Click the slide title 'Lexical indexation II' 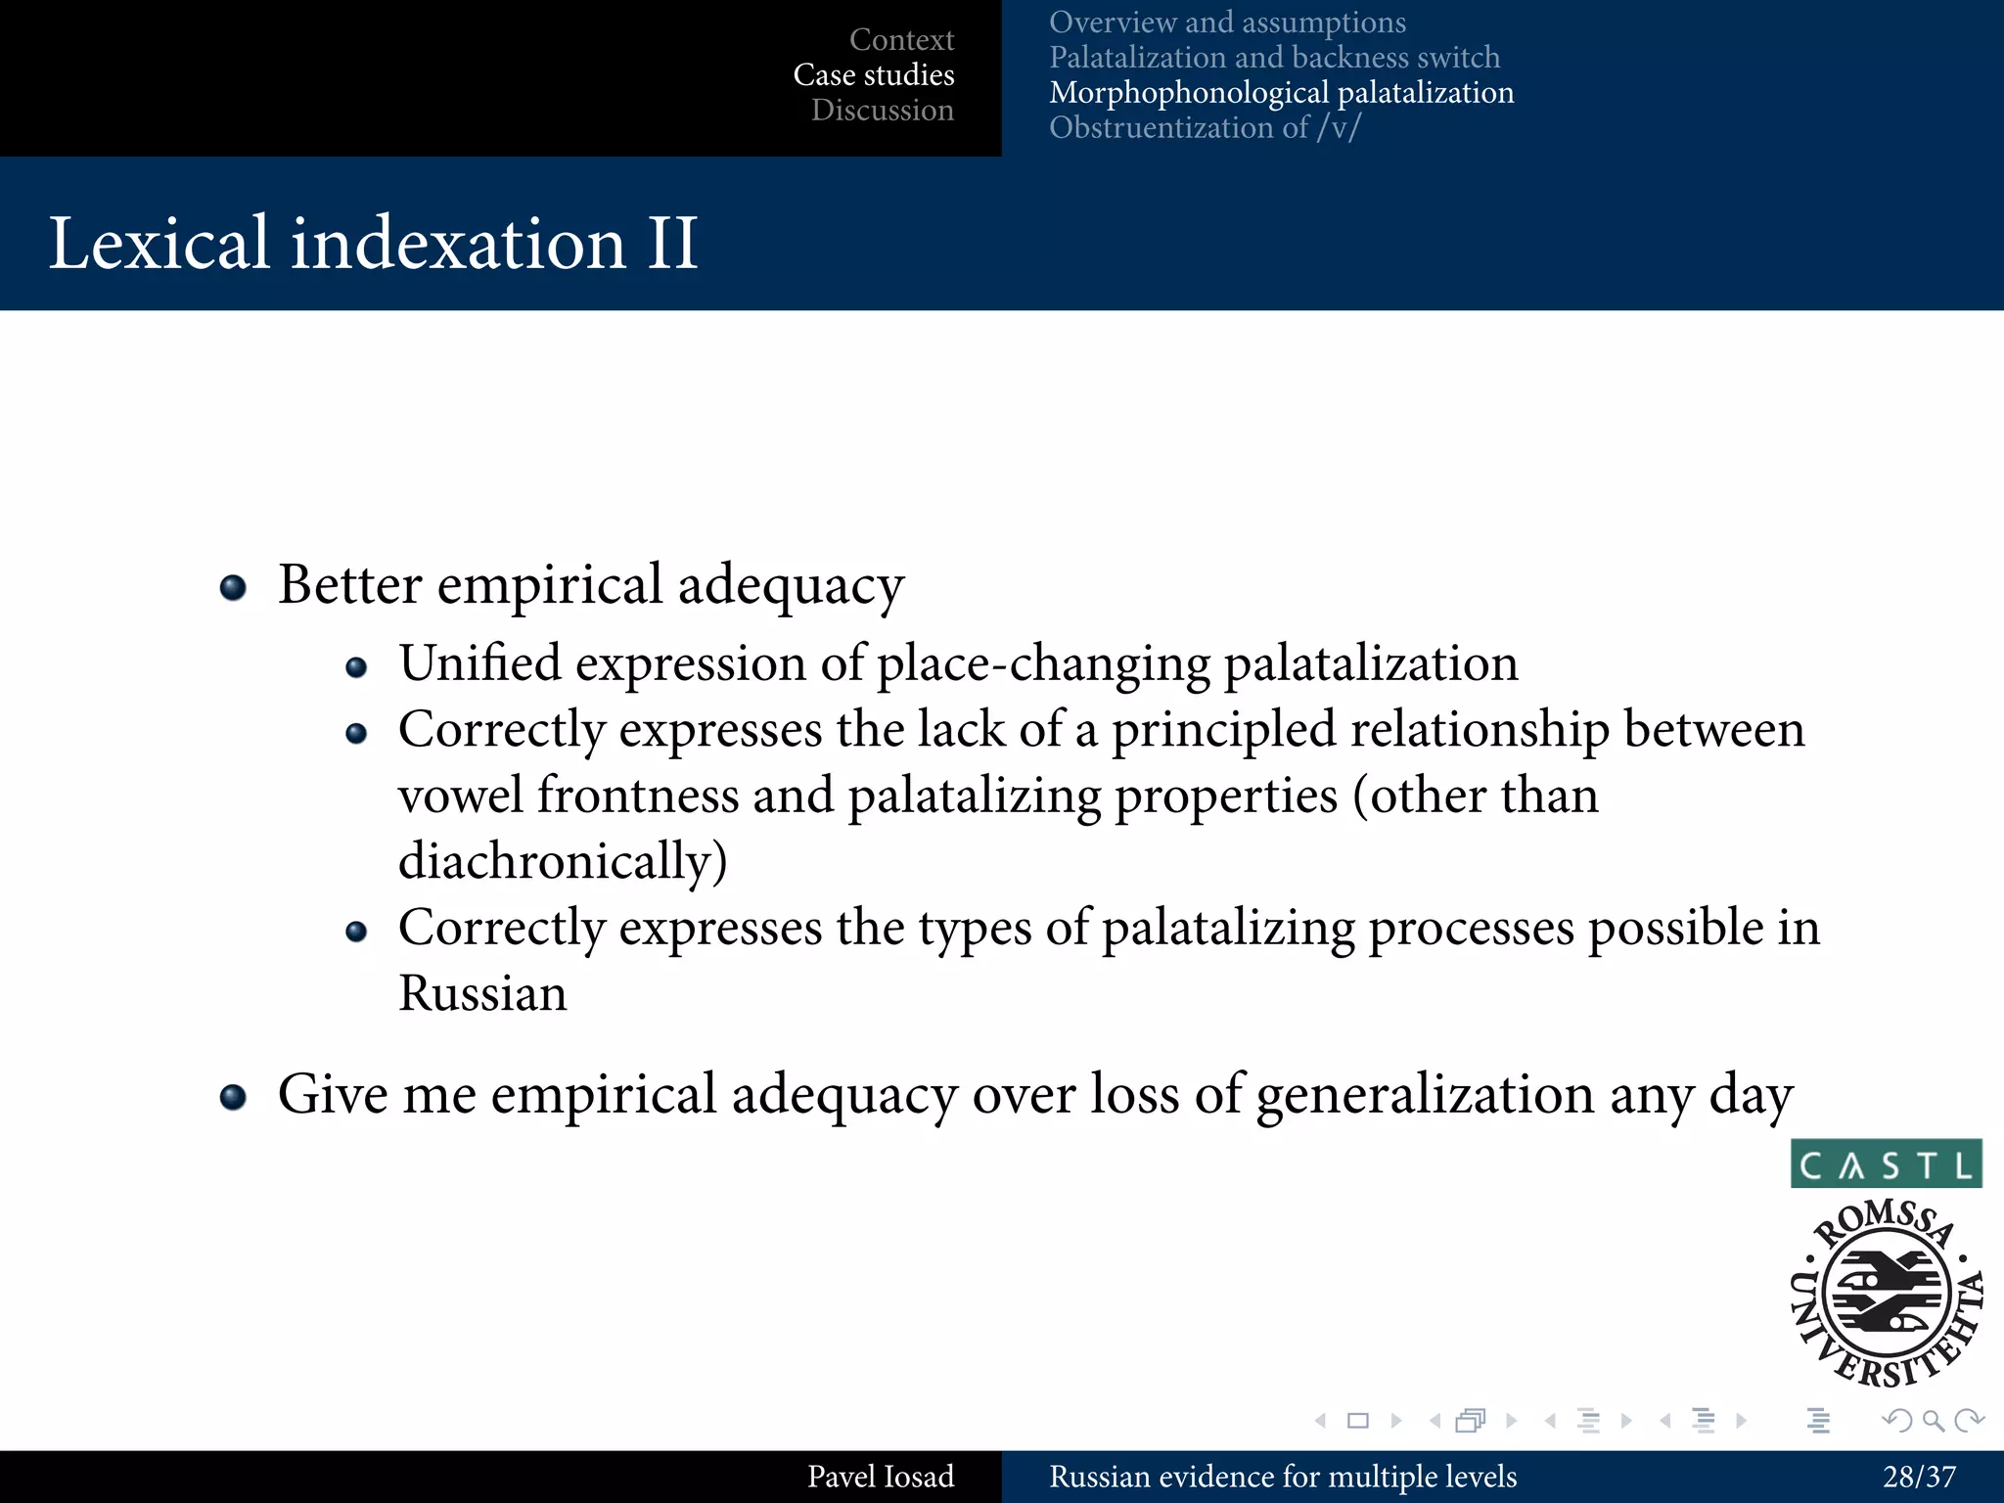373,243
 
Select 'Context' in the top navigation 901,39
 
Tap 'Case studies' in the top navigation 874,74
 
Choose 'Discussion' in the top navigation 882,110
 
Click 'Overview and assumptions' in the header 1227,22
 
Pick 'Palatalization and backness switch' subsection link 1274,57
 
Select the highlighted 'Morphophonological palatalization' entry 1281,92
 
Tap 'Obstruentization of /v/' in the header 1205,127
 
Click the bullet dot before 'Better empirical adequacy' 233,587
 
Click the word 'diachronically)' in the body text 563,861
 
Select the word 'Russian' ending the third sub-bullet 482,993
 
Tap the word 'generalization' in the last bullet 1426,1094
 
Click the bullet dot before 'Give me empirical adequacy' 233,1097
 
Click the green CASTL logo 1886,1163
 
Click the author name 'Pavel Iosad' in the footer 880,1477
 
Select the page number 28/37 1919,1477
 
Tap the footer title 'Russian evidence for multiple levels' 1283,1477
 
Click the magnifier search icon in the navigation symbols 1933,1420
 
